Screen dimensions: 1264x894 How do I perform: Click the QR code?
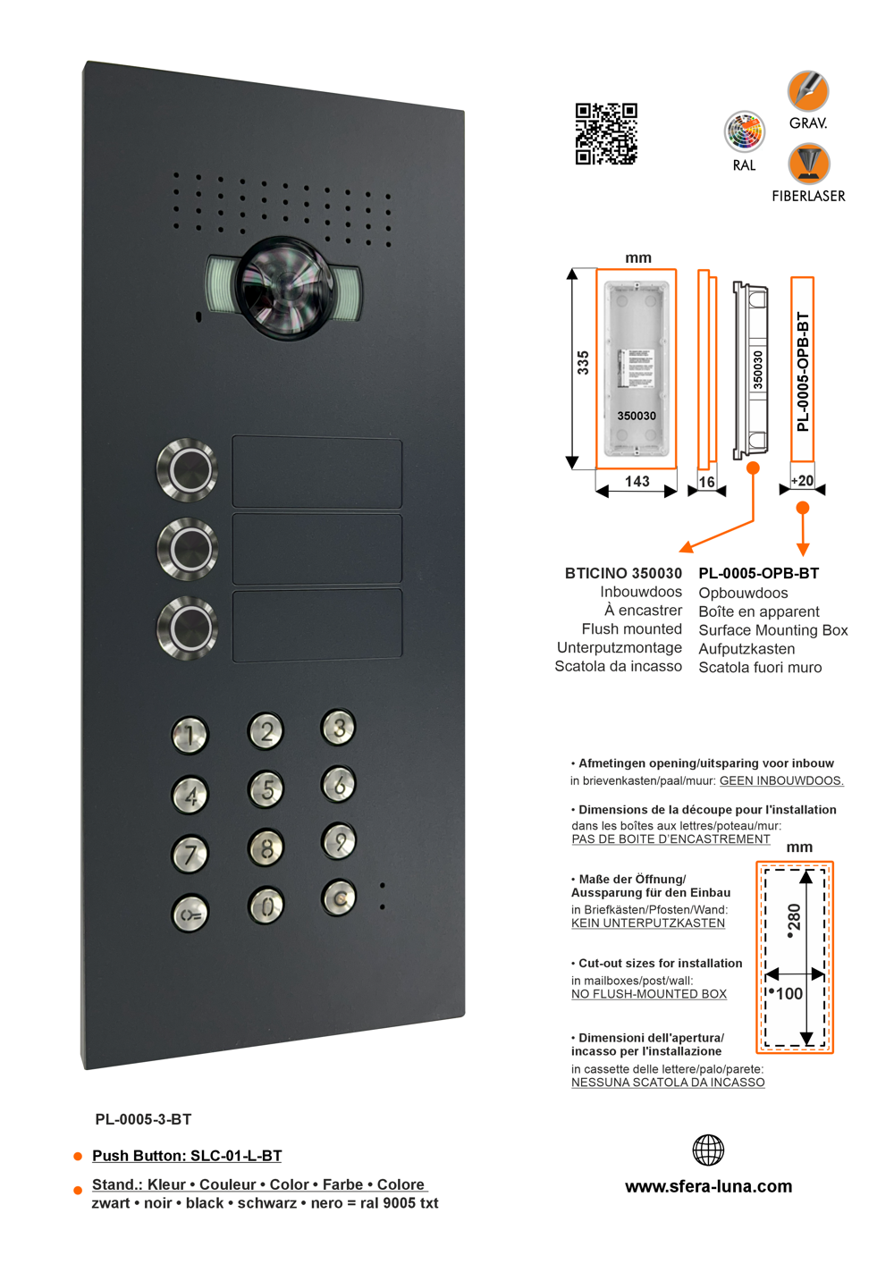605,134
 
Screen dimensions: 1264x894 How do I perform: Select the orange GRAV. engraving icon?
808,91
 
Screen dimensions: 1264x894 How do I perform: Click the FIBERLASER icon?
808,164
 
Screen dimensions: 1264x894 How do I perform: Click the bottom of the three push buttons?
188,628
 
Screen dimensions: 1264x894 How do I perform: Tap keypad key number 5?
266,789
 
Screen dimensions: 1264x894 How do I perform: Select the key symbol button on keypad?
190,914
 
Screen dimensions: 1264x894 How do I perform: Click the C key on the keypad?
339,898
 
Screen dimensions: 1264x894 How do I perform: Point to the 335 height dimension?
583,362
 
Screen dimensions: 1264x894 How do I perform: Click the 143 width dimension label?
637,482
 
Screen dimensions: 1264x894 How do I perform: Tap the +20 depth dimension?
802,481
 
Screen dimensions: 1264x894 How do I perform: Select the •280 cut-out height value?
793,921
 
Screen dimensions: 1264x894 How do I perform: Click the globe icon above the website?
708,1150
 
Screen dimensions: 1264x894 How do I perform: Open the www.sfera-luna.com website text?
708,1186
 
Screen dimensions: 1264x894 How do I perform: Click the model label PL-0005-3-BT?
143,1119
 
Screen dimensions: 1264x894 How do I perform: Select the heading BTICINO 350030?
623,573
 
